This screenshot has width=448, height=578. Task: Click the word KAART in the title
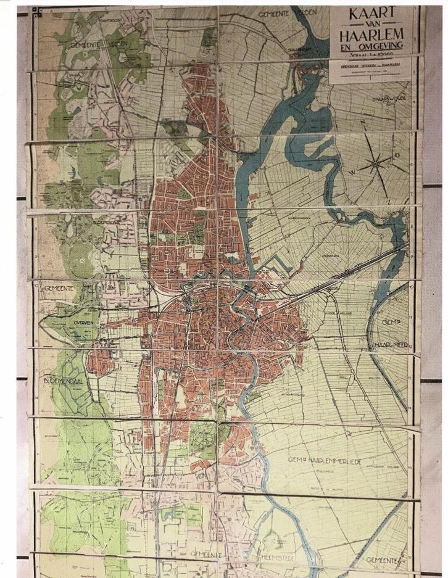pos(371,15)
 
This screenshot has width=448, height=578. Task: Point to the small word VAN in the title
pos(371,27)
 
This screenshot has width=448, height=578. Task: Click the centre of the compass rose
pos(376,163)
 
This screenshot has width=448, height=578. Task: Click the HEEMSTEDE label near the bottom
pos(268,554)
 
